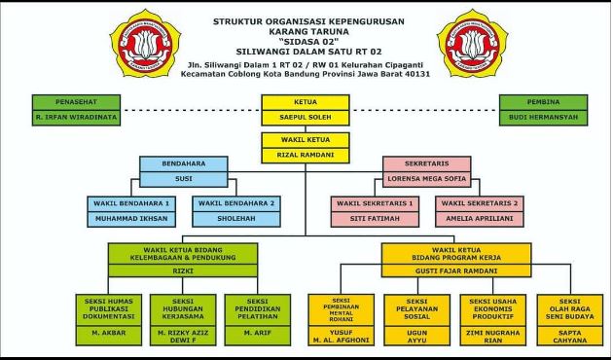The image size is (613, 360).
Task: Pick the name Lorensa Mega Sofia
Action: (432, 181)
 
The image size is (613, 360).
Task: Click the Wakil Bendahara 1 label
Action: (131, 203)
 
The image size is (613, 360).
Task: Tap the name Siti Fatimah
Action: (376, 220)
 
